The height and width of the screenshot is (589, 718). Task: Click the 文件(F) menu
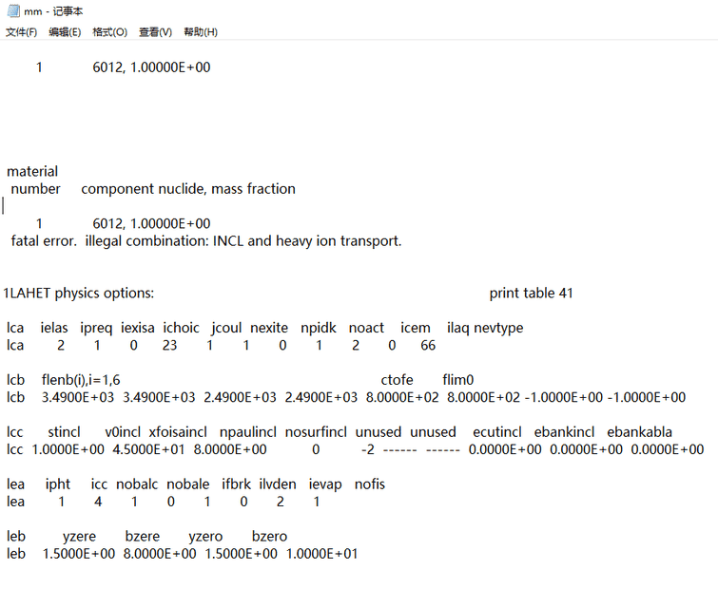pos(21,32)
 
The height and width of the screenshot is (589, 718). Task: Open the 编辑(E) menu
pos(65,32)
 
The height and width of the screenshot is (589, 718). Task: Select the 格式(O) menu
pos(109,32)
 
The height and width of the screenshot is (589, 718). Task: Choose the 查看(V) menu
pos(155,32)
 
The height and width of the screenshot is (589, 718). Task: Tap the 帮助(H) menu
pos(201,32)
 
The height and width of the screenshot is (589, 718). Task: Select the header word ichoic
pos(182,328)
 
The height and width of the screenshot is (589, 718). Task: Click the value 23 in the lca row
pos(169,345)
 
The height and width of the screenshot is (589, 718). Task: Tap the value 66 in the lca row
pos(428,345)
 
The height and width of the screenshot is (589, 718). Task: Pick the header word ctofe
pos(397,380)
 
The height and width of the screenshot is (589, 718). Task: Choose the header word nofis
pos(370,484)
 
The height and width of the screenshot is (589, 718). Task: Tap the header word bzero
pos(269,537)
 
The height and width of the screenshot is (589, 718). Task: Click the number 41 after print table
pos(564,294)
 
